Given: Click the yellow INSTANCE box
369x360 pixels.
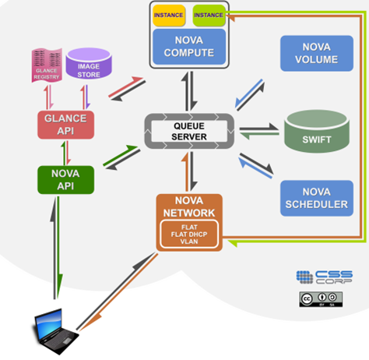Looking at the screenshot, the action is pyautogui.click(x=169, y=16).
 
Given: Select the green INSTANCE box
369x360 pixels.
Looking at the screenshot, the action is pyautogui.click(x=209, y=16).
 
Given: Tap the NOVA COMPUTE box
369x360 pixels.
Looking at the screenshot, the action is pyautogui.click(x=189, y=47).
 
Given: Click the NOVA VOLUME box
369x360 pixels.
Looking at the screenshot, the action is pyautogui.click(x=317, y=53).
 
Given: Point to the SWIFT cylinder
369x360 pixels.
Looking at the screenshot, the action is pyautogui.click(x=317, y=131).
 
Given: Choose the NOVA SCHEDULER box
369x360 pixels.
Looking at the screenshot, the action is pyautogui.click(x=317, y=198).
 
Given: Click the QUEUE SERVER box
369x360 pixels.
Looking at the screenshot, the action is pyautogui.click(x=189, y=131).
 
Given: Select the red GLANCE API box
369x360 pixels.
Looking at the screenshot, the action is pyautogui.click(x=65, y=125).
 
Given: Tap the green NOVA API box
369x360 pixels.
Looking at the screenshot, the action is pyautogui.click(x=65, y=180).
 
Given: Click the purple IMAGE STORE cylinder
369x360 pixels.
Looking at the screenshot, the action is pyautogui.click(x=89, y=64).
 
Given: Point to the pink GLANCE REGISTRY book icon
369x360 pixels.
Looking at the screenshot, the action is pyautogui.click(x=47, y=65).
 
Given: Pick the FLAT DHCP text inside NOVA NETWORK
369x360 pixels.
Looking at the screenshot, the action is pyautogui.click(x=189, y=235).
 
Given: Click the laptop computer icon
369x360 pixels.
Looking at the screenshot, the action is pyautogui.click(x=55, y=331).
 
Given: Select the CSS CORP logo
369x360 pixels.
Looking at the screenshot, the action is pyautogui.click(x=325, y=277).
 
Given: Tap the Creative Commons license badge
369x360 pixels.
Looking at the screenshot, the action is pyautogui.click(x=321, y=299).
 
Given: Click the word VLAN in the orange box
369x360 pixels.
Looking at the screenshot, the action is pyautogui.click(x=189, y=242).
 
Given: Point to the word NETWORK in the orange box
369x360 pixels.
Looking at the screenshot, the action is pyautogui.click(x=189, y=213).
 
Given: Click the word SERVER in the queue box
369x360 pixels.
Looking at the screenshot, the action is pyautogui.click(x=189, y=136).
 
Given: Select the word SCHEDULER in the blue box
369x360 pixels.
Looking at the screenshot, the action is pyautogui.click(x=317, y=204).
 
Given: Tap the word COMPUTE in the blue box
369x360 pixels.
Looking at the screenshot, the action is pyautogui.click(x=189, y=53).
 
